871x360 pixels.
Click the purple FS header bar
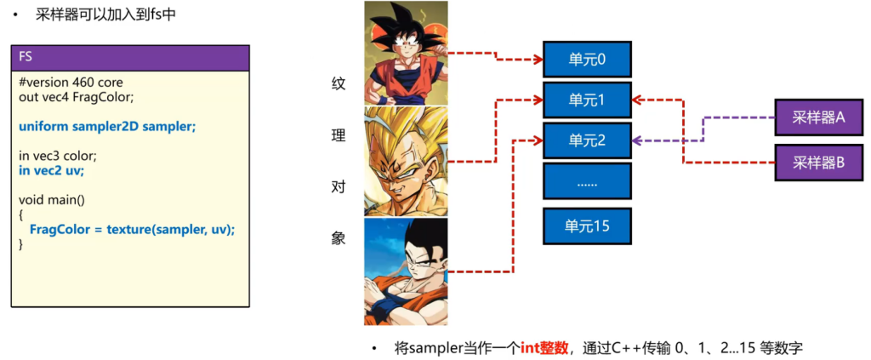coord(130,58)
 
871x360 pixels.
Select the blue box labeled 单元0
coord(587,60)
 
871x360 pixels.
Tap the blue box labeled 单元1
coord(587,100)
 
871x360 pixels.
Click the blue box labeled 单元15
coord(587,226)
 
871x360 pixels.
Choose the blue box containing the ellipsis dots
coord(587,182)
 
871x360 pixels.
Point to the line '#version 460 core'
coord(71,83)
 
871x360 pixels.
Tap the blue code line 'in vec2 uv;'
coord(51,170)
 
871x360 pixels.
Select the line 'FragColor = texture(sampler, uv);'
coord(132,230)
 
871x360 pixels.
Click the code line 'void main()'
coord(51,200)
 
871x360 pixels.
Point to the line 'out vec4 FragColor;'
coord(77,97)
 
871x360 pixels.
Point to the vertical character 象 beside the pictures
coord(338,239)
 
